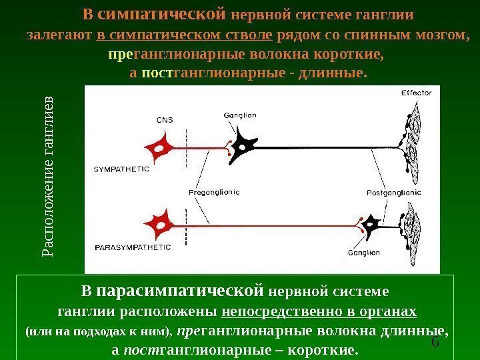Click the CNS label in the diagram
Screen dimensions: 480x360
(165, 120)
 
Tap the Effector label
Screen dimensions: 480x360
(416, 93)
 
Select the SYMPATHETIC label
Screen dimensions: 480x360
(121, 169)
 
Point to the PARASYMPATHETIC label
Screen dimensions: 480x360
(133, 247)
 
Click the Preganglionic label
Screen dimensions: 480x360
(214, 192)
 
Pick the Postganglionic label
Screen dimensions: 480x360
(394, 192)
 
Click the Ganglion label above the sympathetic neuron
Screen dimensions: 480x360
(241, 115)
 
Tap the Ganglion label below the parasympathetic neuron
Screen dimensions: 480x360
(363, 253)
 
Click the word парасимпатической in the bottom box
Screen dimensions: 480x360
(177, 291)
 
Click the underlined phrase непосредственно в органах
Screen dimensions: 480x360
(319, 311)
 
